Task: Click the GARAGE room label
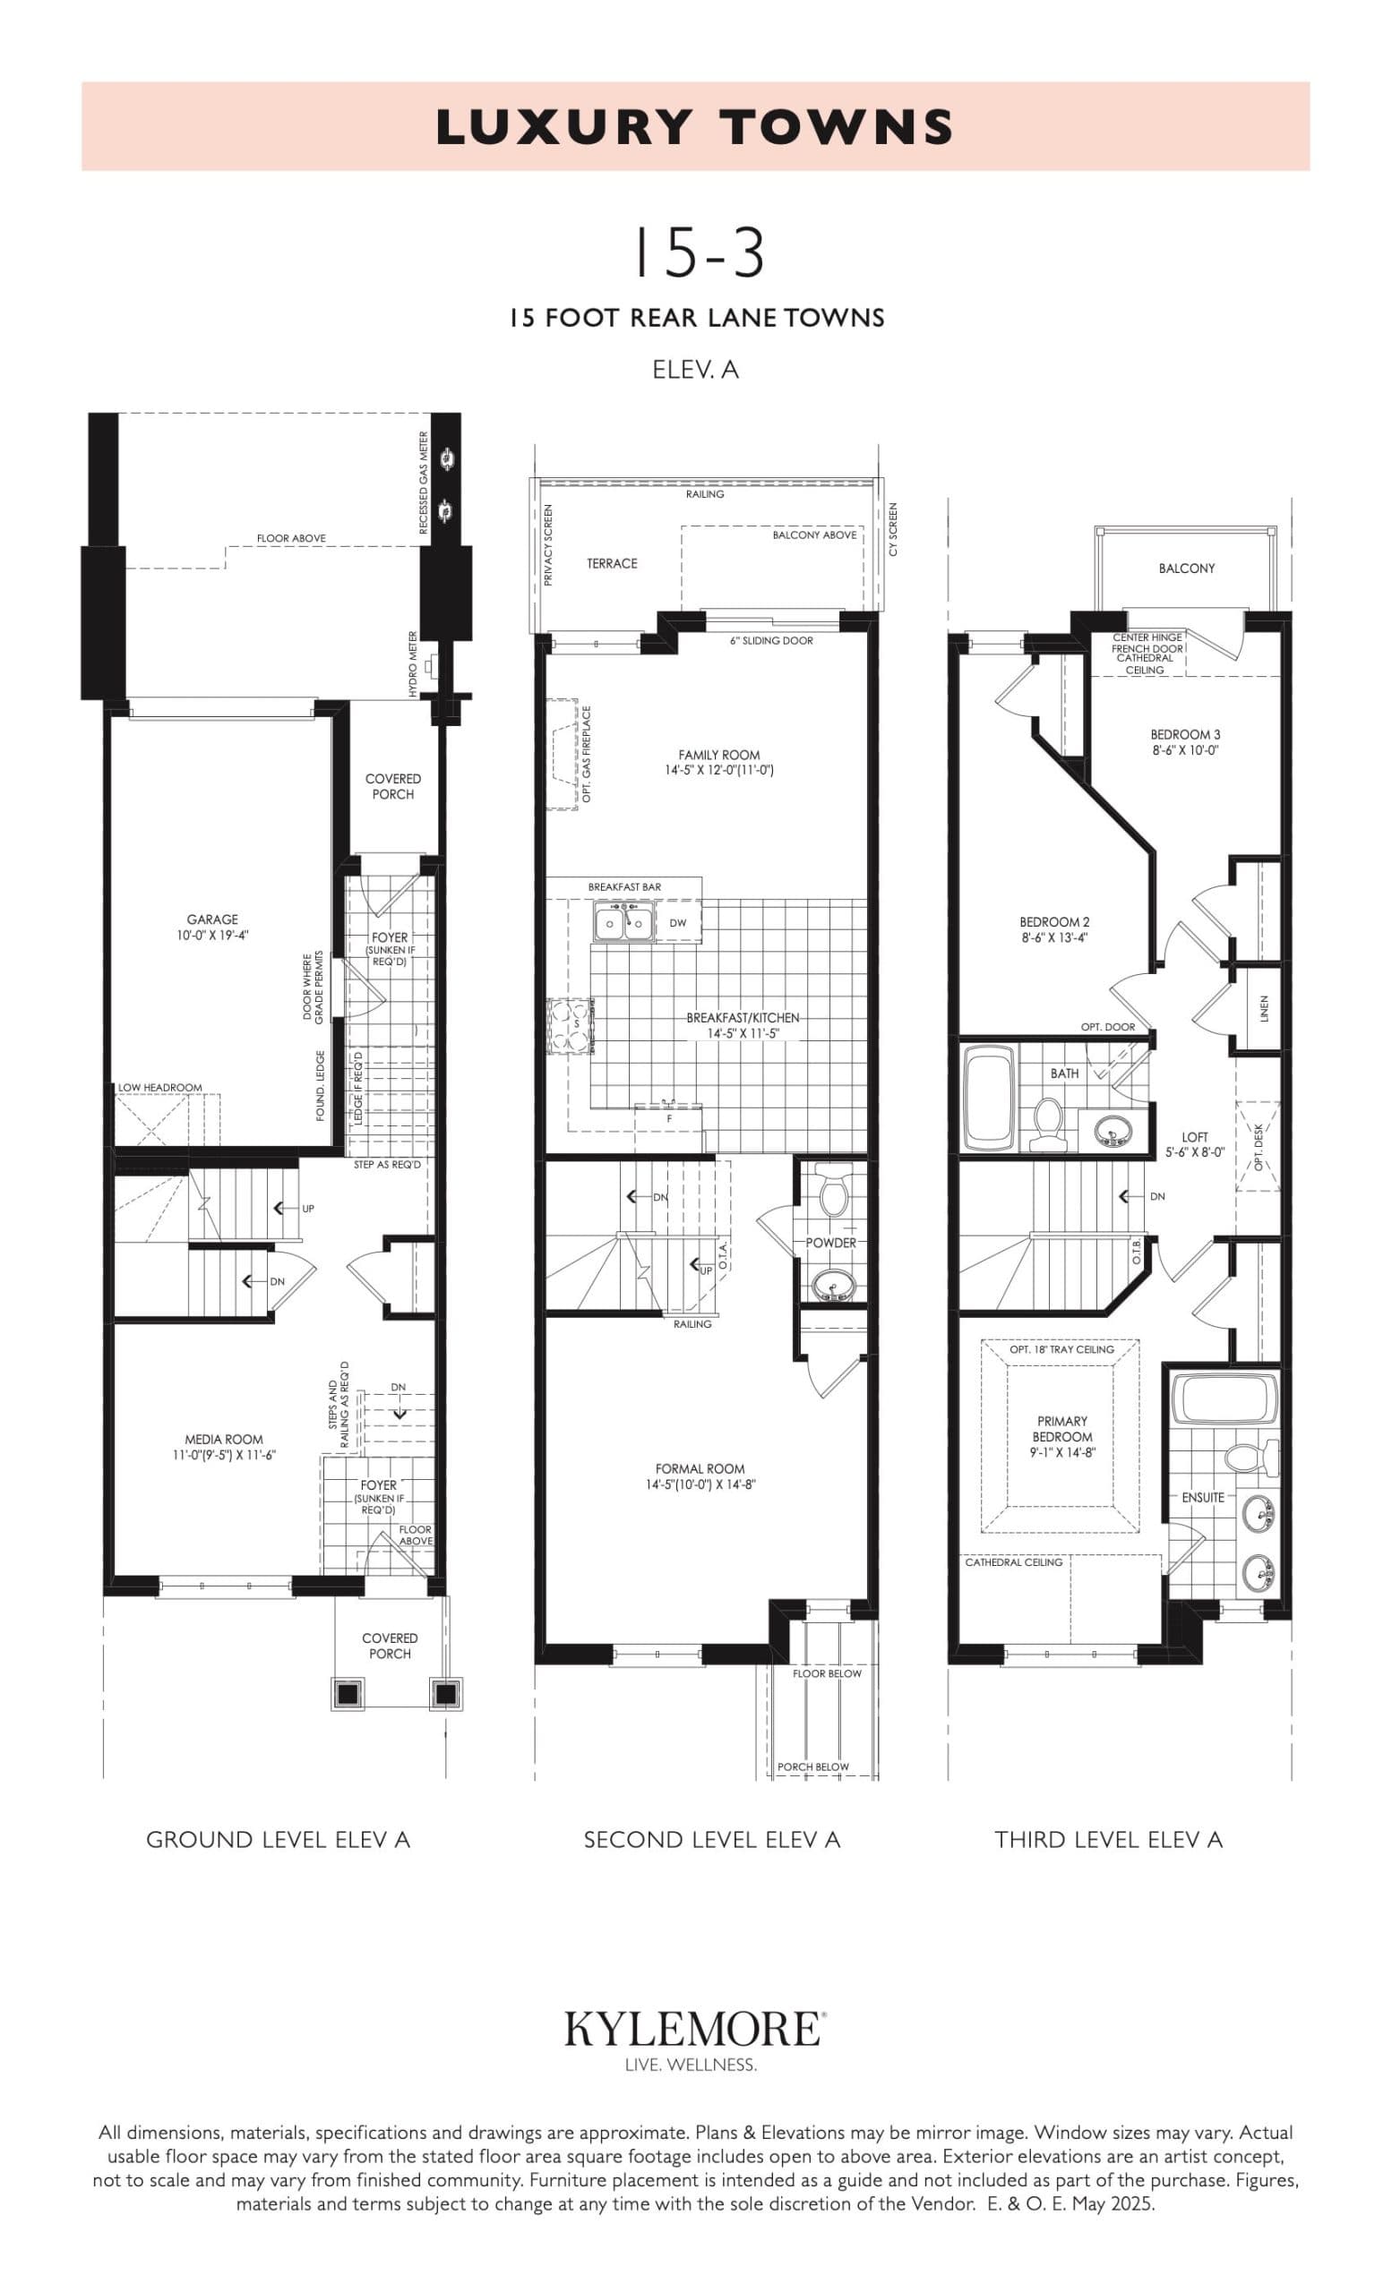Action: [212, 919]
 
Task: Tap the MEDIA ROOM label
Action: [223, 1439]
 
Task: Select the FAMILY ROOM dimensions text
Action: [719, 770]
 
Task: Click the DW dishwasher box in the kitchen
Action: [677, 924]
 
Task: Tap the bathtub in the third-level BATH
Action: [987, 1099]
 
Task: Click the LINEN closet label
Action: [1263, 1008]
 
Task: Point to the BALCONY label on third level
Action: [1186, 569]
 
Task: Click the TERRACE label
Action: [611, 564]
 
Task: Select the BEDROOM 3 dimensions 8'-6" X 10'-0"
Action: [1184, 749]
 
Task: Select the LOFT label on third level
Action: [1194, 1137]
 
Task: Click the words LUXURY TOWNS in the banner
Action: [695, 127]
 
